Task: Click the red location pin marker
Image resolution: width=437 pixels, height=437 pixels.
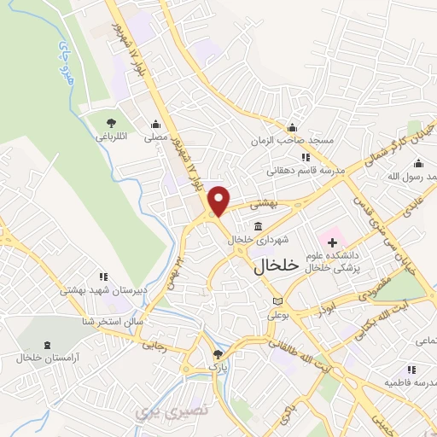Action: [219, 200]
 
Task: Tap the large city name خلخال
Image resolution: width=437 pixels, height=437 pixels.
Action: [276, 265]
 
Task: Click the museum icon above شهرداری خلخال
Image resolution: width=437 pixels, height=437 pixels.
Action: [258, 225]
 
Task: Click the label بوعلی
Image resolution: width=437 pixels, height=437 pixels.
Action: [279, 316]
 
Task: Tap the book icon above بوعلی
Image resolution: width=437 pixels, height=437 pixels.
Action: [276, 301]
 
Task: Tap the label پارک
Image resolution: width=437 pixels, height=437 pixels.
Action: [219, 367]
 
